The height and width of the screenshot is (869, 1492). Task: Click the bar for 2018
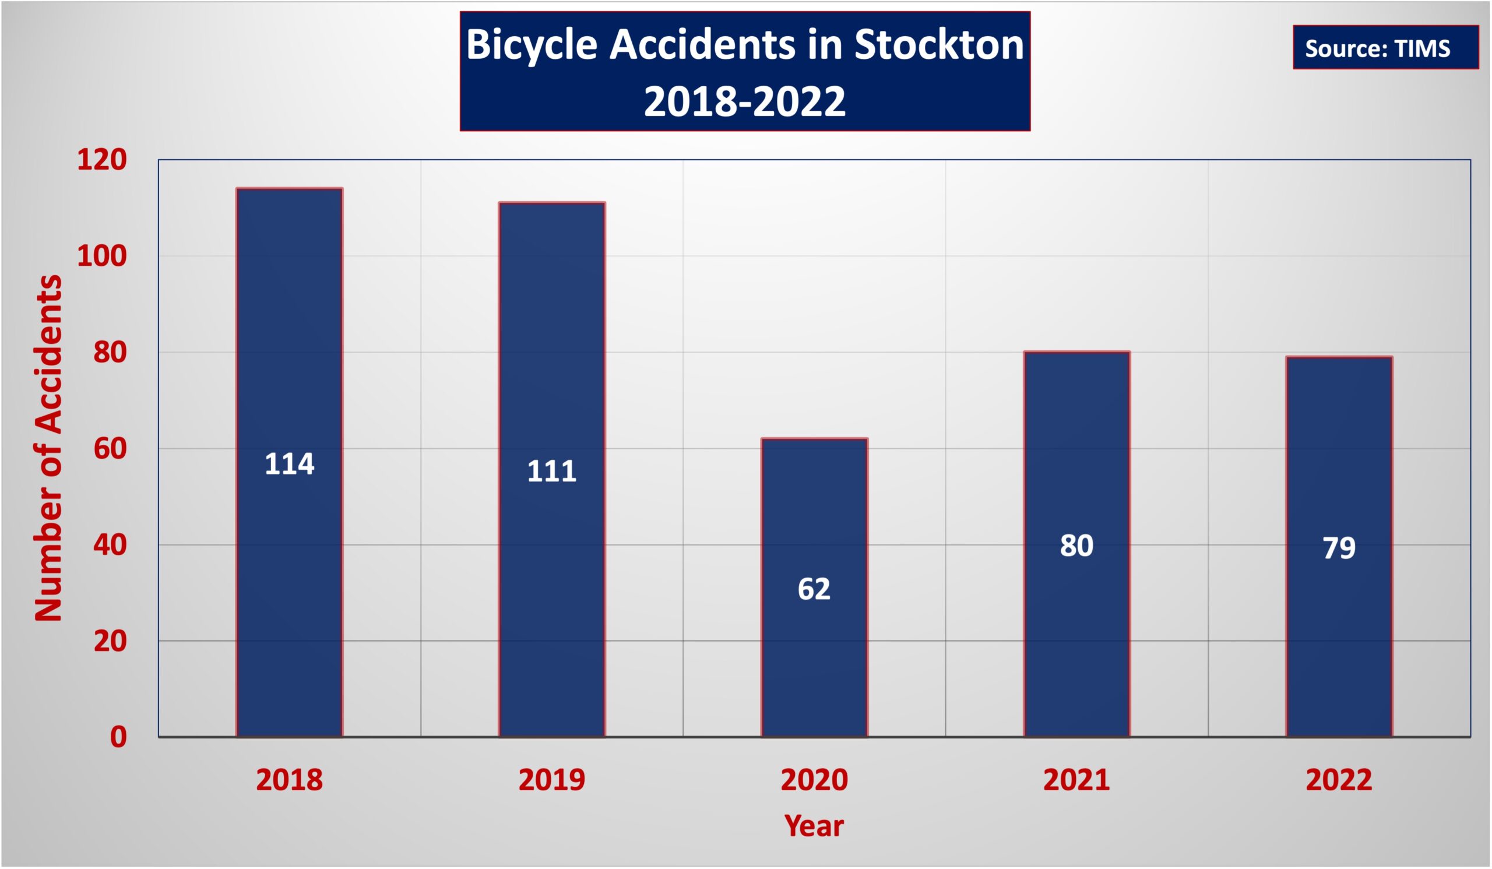tap(290, 462)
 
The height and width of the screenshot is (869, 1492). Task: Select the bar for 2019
tap(552, 469)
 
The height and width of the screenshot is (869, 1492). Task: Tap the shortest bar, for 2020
tap(814, 588)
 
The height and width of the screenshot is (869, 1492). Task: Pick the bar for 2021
tap(1077, 544)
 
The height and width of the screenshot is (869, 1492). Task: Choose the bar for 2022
tap(1339, 547)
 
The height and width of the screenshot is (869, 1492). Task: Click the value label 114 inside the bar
tap(290, 463)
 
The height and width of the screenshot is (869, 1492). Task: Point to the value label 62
tap(814, 589)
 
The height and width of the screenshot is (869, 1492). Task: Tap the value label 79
tap(1339, 547)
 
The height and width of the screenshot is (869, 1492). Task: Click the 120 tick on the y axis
tap(102, 160)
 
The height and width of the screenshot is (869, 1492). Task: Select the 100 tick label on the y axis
tap(102, 256)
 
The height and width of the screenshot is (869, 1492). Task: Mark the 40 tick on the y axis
tap(110, 544)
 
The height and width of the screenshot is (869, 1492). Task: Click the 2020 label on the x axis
tap(814, 780)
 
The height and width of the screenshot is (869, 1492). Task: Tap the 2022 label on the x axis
tap(1339, 780)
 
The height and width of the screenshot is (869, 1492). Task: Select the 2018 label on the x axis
tap(290, 780)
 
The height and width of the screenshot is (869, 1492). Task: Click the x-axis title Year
tap(814, 826)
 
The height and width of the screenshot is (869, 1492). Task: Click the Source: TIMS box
tap(1385, 47)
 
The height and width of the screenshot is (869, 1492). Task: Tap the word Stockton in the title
tap(939, 45)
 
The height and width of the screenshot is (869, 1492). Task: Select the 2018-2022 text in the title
tap(745, 101)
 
